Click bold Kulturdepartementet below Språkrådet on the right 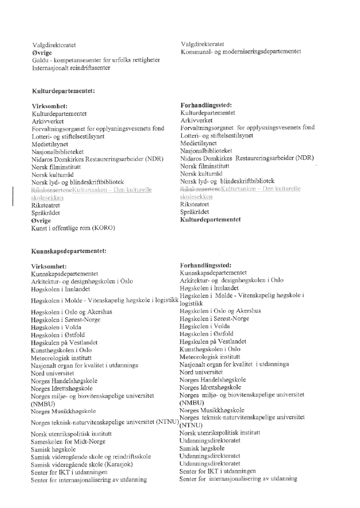pos(211,220)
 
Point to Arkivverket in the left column pos(48,121)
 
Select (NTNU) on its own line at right pos(191,425)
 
